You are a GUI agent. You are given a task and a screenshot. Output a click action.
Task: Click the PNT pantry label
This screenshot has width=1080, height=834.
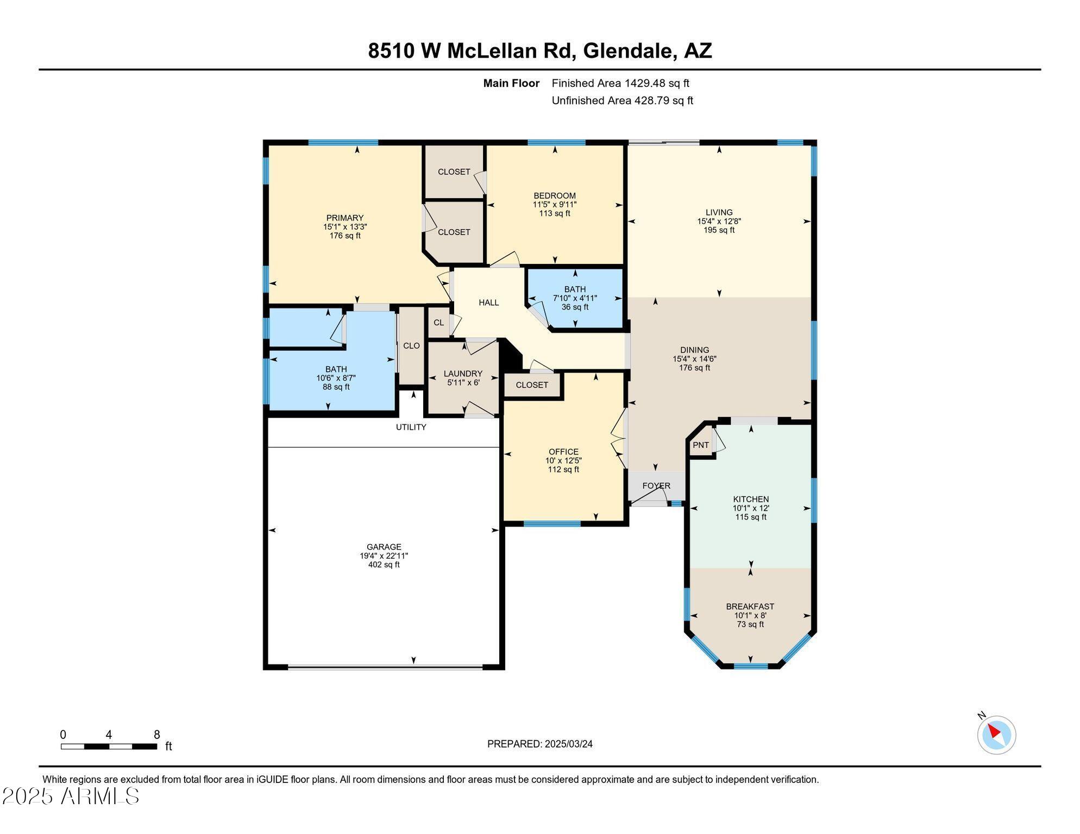pos(701,445)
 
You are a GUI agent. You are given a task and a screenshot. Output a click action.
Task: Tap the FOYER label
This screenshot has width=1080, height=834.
pos(656,486)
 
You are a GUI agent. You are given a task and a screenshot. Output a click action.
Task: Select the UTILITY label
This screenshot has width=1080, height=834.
pos(411,427)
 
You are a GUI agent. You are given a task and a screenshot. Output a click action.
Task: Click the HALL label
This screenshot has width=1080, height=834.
pos(489,302)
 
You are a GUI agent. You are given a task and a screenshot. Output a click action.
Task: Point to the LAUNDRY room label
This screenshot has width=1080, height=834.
pos(463,374)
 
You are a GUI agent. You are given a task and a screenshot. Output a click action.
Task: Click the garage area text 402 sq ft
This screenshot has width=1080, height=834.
pos(384,565)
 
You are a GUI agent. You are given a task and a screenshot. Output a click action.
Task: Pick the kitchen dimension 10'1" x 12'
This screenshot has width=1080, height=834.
pos(751,508)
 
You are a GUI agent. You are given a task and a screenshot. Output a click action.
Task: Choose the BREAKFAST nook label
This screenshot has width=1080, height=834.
pos(750,606)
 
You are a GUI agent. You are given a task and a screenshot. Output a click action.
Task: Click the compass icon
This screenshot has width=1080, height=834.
pos(996,735)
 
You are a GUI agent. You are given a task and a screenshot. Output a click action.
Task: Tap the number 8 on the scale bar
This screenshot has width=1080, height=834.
pos(157,735)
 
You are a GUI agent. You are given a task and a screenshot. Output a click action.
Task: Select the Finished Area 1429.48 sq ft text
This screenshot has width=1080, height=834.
pos(620,83)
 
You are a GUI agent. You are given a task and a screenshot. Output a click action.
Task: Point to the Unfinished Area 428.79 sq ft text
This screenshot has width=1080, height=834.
pos(623,100)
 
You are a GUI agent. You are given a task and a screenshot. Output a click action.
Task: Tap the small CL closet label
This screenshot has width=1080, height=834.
pos(439,323)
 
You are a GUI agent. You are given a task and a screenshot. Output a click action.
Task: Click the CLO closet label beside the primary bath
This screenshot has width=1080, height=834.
pos(411,346)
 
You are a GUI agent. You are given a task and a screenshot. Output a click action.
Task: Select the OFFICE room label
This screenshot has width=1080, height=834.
pos(563,452)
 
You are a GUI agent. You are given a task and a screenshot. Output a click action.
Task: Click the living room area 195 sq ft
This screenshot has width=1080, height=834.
pos(719,230)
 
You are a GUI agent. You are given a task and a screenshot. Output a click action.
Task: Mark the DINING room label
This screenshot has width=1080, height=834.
pos(695,350)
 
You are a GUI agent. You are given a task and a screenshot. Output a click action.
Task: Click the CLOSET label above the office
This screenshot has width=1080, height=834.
pos(532,385)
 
